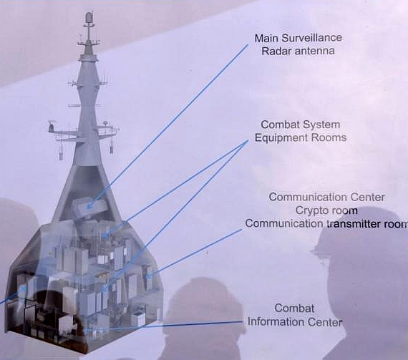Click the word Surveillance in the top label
click(311, 38)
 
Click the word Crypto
click(311, 210)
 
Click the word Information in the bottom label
click(276, 322)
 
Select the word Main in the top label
click(266, 38)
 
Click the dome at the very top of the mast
click(89, 17)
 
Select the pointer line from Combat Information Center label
click(164, 326)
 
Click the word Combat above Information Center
click(294, 308)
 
